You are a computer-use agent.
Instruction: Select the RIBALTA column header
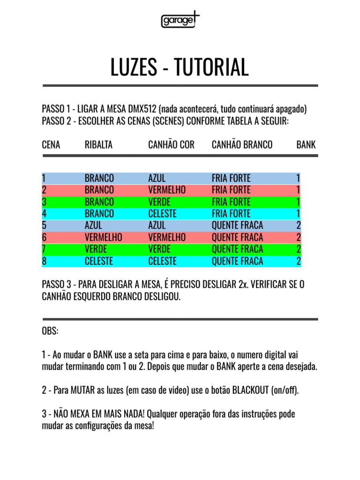click(x=98, y=145)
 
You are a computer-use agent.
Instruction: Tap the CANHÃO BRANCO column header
click(x=242, y=145)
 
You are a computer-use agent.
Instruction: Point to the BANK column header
click(x=306, y=145)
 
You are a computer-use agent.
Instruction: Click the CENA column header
click(x=51, y=145)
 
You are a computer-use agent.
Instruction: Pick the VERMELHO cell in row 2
click(x=167, y=190)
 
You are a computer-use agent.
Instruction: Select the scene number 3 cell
click(x=44, y=202)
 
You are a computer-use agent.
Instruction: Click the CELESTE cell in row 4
click(x=162, y=214)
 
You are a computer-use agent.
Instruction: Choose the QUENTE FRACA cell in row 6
click(x=237, y=237)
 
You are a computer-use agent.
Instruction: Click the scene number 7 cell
click(x=44, y=249)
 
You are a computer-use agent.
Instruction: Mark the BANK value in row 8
click(x=298, y=261)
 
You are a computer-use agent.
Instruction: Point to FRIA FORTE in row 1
click(x=231, y=178)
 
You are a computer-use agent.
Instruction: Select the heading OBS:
click(x=50, y=331)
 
